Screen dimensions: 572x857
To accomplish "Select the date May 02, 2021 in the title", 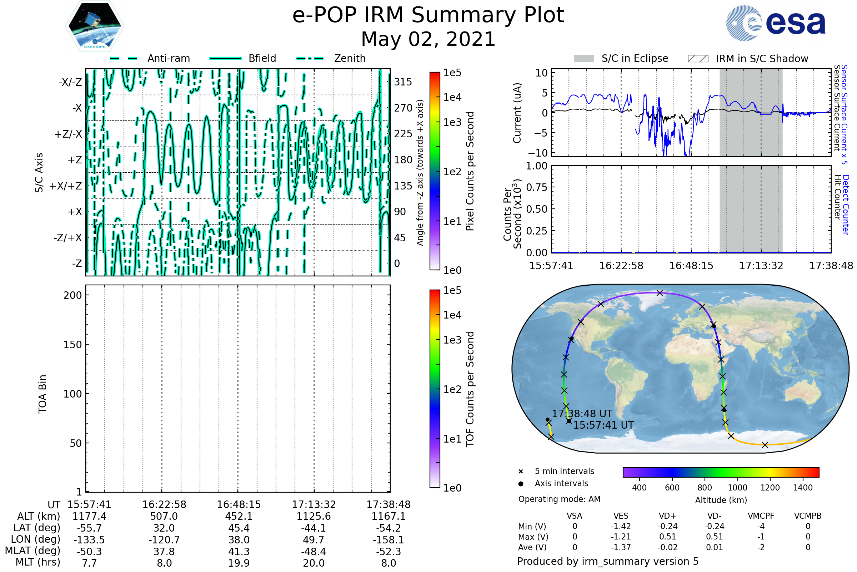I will point(428,39).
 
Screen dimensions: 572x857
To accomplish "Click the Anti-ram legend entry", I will point(168,58).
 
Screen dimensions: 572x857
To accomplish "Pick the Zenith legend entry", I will point(350,58).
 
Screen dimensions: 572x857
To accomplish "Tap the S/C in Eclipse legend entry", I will point(635,58).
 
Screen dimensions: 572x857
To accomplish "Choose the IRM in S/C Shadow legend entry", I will point(762,59).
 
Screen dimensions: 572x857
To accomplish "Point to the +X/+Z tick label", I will point(66,186).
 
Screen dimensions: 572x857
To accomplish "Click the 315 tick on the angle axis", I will point(403,82).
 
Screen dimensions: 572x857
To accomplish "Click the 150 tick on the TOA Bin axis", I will point(72,345).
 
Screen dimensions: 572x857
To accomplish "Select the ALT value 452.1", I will point(239,516).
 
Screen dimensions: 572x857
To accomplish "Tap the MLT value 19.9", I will point(239,563).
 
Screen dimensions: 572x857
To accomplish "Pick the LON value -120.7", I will point(164,539).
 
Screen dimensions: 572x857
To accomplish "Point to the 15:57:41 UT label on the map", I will point(603,425).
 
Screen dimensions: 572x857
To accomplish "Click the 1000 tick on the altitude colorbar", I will point(737,488).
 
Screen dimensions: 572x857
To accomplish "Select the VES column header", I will point(621,516).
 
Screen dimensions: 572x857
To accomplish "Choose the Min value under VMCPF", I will point(761,526).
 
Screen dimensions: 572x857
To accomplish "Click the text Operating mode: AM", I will point(559,499).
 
